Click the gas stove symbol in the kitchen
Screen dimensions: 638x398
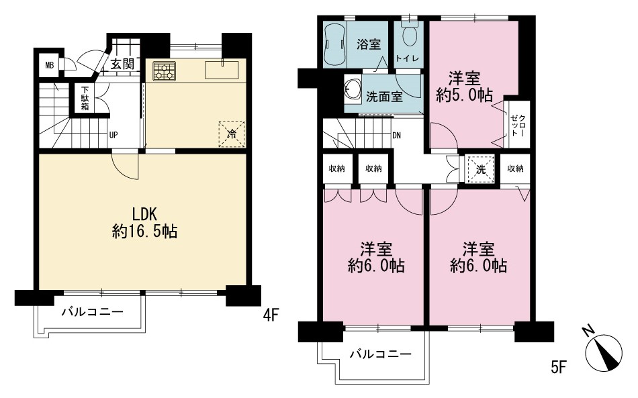(165, 71)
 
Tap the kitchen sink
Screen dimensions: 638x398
(222, 70)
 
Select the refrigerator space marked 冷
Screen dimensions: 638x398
(232, 134)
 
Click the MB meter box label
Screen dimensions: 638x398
(50, 65)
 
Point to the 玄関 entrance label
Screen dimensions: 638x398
(122, 64)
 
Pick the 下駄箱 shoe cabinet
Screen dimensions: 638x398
(85, 99)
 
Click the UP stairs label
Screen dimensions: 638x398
(113, 135)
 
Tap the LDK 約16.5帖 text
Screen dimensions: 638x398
(144, 222)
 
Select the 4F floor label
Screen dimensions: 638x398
(271, 315)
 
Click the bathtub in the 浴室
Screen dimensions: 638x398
(334, 45)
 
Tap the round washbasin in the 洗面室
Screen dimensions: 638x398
(353, 89)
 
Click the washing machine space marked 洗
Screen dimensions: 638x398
(481, 169)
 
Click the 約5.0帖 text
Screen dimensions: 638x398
(464, 95)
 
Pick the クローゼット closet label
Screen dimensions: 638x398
(516, 126)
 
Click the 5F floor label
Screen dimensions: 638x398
(559, 366)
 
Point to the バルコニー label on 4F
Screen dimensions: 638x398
(93, 312)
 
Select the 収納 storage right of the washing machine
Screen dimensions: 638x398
(515, 168)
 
